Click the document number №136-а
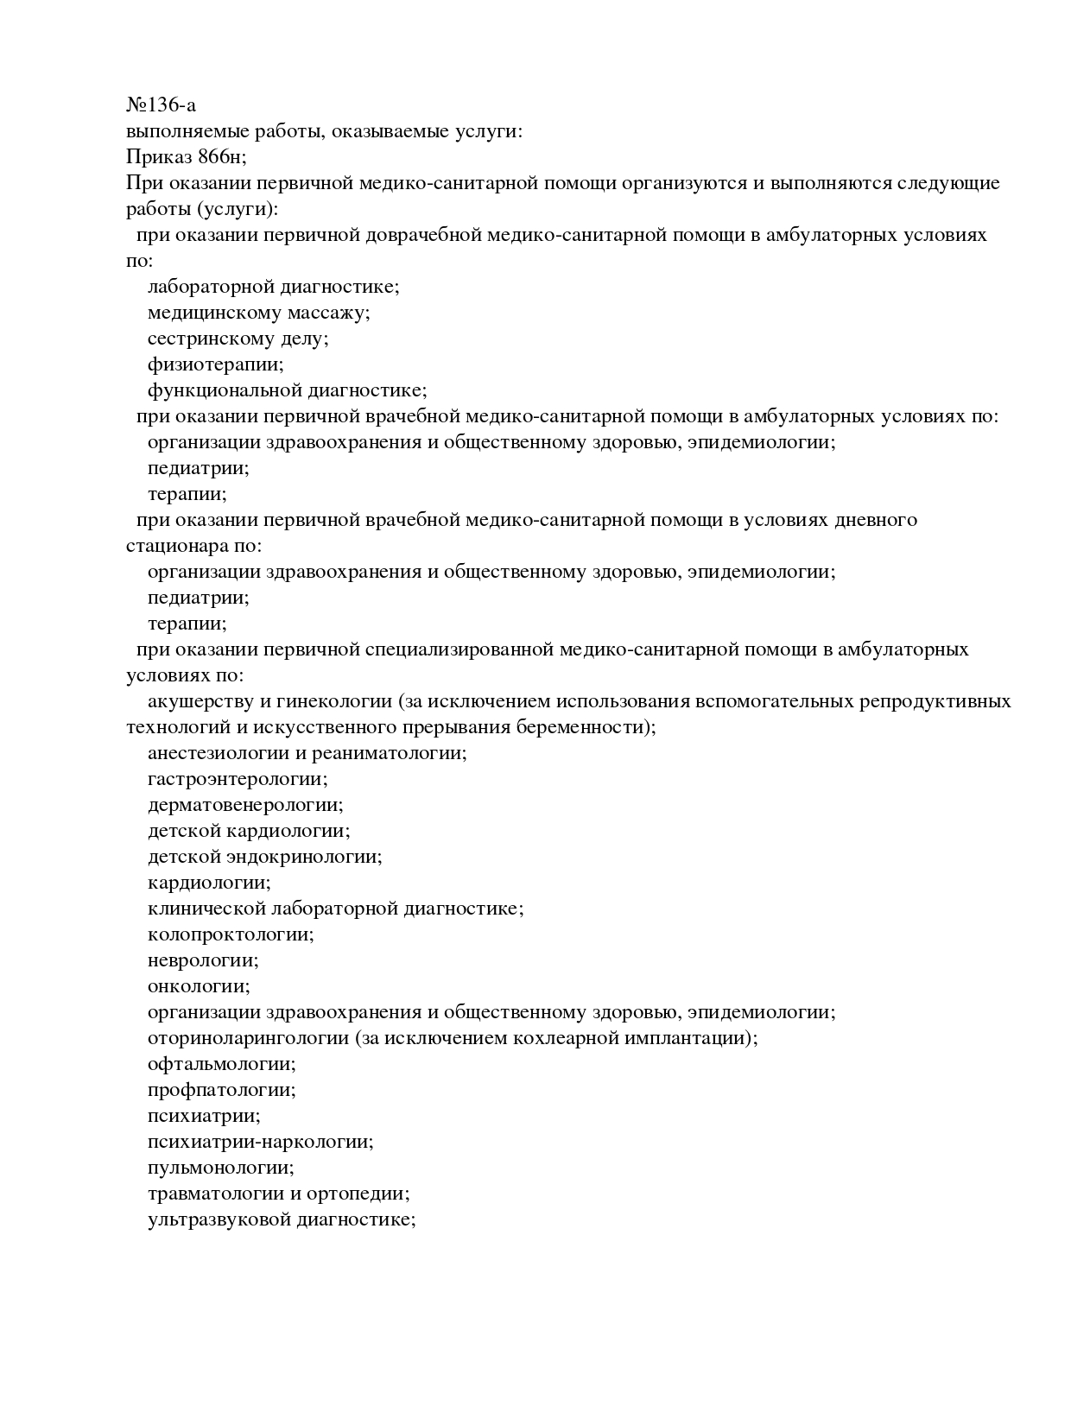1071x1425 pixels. click(x=161, y=105)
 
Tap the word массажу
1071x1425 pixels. click(x=328, y=313)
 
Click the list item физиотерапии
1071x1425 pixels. click(x=215, y=364)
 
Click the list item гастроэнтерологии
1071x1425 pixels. click(x=238, y=779)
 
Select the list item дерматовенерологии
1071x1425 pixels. click(x=245, y=805)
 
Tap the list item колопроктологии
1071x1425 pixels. click(x=231, y=934)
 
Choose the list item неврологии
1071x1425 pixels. click(x=203, y=960)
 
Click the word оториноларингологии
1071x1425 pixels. click(x=248, y=1038)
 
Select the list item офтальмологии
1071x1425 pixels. click(x=221, y=1064)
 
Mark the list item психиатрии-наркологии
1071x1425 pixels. click(x=260, y=1142)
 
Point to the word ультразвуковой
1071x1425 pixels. click(x=219, y=1219)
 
